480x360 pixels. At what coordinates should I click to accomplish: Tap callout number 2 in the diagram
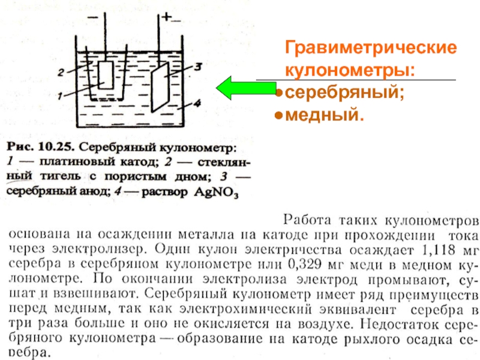pyautogui.click(x=61, y=72)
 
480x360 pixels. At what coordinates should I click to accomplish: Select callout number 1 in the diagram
pyautogui.click(x=61, y=95)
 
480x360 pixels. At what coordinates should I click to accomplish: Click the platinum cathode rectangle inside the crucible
pyautogui.click(x=106, y=75)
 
